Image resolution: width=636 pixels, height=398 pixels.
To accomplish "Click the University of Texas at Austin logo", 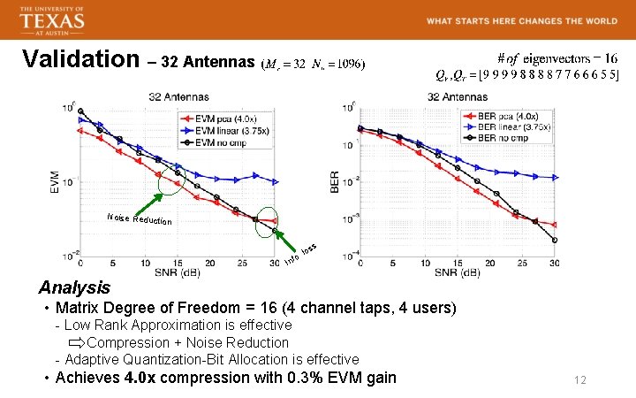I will [51, 19].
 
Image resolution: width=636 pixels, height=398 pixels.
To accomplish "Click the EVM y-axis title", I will [56, 180].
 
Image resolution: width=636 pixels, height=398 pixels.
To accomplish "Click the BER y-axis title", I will [335, 181].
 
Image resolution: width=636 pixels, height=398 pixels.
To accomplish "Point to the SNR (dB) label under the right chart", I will [457, 273].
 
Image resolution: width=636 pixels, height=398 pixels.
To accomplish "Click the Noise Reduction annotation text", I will [138, 218].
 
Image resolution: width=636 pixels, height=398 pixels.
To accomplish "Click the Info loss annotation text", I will [300, 255].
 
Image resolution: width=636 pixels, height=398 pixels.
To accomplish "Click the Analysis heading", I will [75, 287].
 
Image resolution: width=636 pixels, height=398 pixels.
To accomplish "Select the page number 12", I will [580, 380].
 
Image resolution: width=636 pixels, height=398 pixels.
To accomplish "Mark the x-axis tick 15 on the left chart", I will [177, 263].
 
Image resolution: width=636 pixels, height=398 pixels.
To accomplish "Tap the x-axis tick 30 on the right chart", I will [554, 263].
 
